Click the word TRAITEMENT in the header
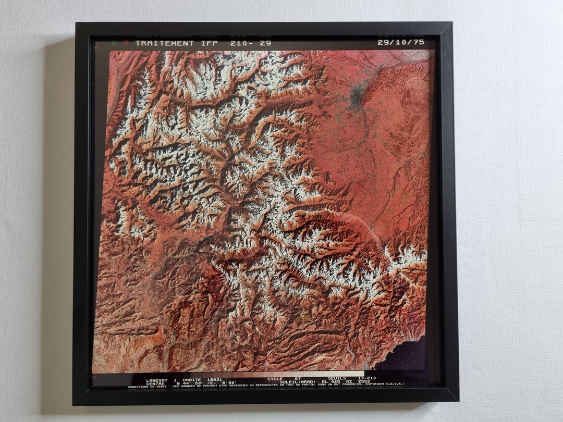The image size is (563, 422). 165,43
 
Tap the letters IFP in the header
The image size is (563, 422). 209,43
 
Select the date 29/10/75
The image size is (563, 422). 401,42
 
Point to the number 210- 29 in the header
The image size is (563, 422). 250,43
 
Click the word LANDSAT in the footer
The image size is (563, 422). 158,379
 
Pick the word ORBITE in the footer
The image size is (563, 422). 192,379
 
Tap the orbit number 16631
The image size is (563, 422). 215,379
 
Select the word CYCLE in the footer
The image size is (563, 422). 275,379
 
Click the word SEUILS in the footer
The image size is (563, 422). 337,378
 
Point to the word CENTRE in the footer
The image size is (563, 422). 156,383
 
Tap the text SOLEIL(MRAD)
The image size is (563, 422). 296,382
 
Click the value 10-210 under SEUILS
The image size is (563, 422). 367,378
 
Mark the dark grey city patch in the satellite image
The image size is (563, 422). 357,96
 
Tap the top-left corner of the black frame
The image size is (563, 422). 77,24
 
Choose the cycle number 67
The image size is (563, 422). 298,379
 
